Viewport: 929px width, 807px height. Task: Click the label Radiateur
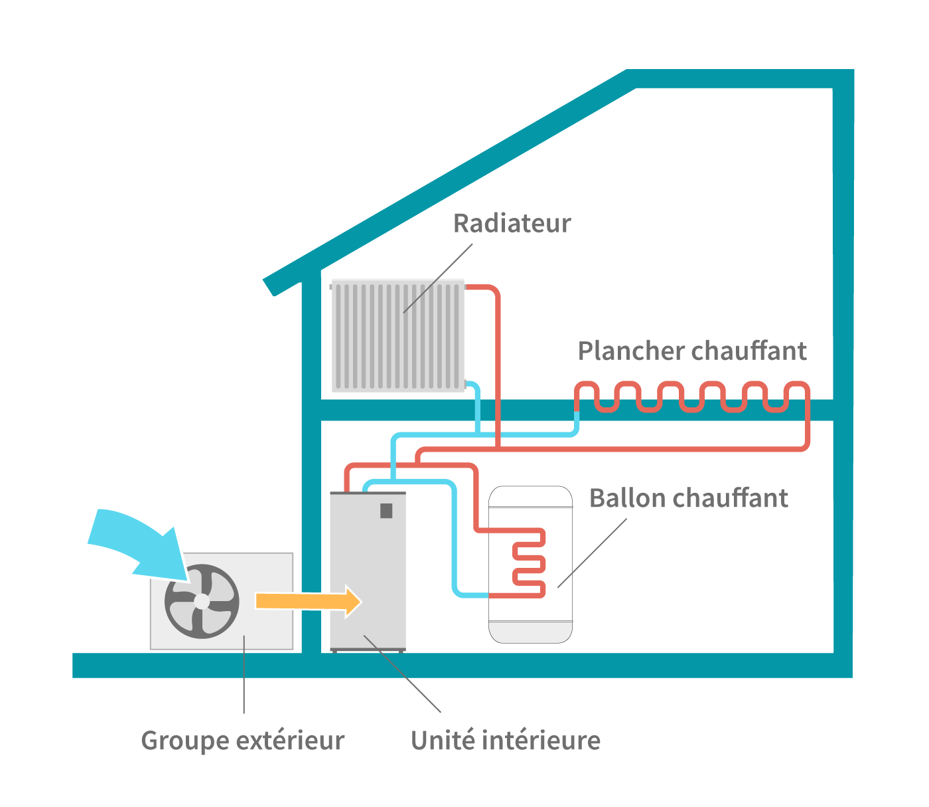click(x=512, y=224)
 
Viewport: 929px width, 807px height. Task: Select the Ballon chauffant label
click(x=688, y=498)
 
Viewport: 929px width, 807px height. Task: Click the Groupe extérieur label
click(x=242, y=741)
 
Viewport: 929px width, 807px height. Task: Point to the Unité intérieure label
click(x=506, y=741)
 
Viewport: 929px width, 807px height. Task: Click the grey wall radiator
click(x=397, y=336)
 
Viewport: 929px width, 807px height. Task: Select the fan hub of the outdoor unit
click(x=202, y=601)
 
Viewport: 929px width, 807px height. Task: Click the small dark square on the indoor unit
click(x=386, y=511)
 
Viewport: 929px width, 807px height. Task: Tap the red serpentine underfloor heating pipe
click(x=690, y=397)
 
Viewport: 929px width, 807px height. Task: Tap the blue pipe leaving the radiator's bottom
click(x=475, y=399)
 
